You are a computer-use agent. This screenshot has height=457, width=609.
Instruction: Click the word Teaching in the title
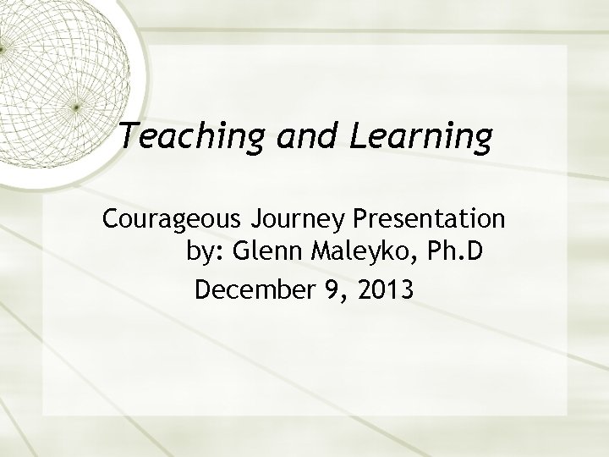coord(182,136)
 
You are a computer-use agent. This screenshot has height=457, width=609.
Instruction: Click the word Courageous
coord(172,220)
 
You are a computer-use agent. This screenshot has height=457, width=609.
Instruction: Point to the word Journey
coord(295,220)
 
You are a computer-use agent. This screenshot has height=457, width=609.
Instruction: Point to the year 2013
coord(386,290)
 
